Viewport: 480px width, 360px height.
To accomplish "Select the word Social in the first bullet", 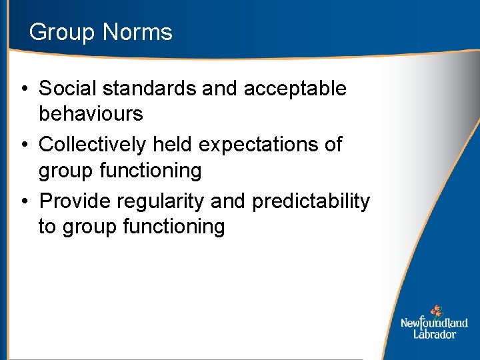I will pyautogui.click(x=68, y=88).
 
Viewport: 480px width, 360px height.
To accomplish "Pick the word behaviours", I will pyautogui.click(x=91, y=114).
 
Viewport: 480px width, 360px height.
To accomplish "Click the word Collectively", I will pyautogui.click(x=95, y=144).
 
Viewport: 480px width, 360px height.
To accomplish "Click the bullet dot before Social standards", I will pyautogui.click(x=24, y=89).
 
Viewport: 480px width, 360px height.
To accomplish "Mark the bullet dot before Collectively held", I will pyautogui.click(x=24, y=145).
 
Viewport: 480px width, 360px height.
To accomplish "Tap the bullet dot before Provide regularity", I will pyautogui.click(x=24, y=201).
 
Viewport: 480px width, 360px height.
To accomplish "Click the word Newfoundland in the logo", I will pyautogui.click(x=434, y=323).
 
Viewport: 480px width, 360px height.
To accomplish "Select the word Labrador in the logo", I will pyautogui.click(x=434, y=334).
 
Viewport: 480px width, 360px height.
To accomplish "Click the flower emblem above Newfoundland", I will pyautogui.click(x=436, y=311).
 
